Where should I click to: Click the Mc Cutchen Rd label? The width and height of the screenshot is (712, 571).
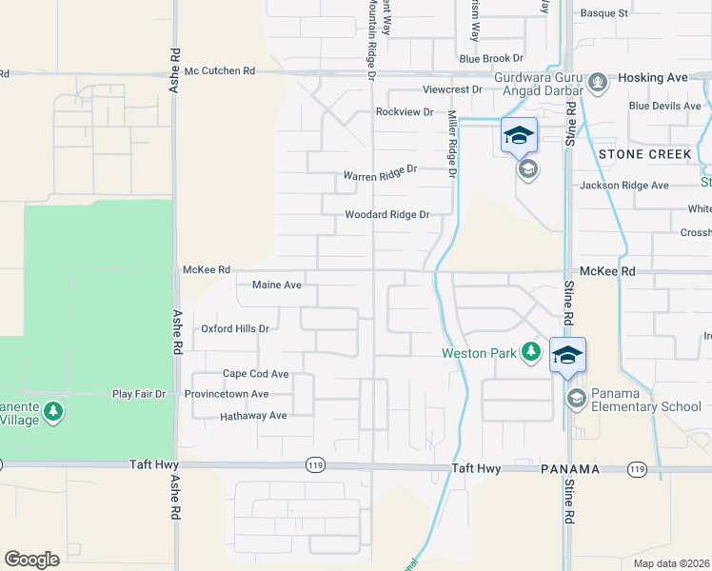point(221,71)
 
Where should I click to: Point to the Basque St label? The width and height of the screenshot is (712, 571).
point(604,13)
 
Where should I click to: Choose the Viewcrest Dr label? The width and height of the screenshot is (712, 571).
point(453,90)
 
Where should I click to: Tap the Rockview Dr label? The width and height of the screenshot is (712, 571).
point(405,112)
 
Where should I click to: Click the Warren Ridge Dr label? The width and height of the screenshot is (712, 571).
point(381,173)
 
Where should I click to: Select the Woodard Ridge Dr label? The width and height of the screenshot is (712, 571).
point(387,215)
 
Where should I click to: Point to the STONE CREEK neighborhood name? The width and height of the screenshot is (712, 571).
point(645,153)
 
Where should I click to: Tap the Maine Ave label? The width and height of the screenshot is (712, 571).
point(277,285)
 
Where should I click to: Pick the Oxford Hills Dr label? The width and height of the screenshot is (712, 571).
point(235,328)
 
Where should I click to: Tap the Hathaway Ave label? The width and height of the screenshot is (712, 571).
point(253,416)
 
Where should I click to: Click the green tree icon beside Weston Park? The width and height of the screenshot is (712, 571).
point(531,353)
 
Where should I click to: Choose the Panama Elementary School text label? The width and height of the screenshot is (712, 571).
point(646,401)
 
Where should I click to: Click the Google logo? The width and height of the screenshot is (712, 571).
point(31,560)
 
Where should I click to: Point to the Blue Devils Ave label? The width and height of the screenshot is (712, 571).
point(664,106)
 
